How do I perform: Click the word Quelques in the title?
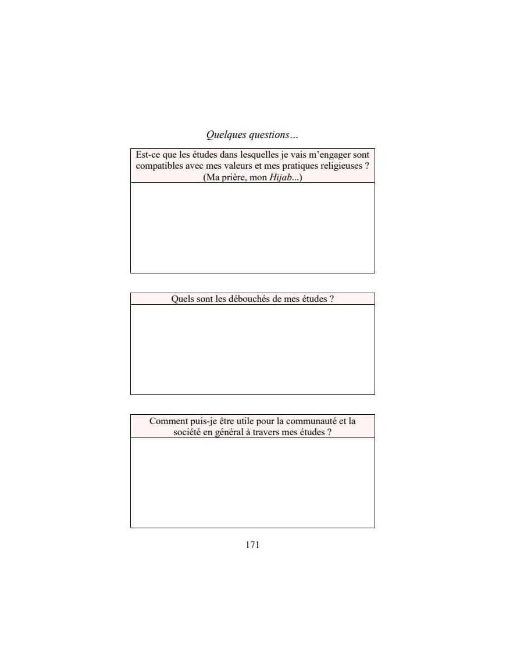(226, 135)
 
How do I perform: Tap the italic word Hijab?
(281, 177)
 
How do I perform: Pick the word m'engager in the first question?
(312, 155)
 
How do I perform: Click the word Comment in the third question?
(169, 421)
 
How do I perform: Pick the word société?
(189, 432)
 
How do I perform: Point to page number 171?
(252, 545)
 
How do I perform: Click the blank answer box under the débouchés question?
(252, 349)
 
